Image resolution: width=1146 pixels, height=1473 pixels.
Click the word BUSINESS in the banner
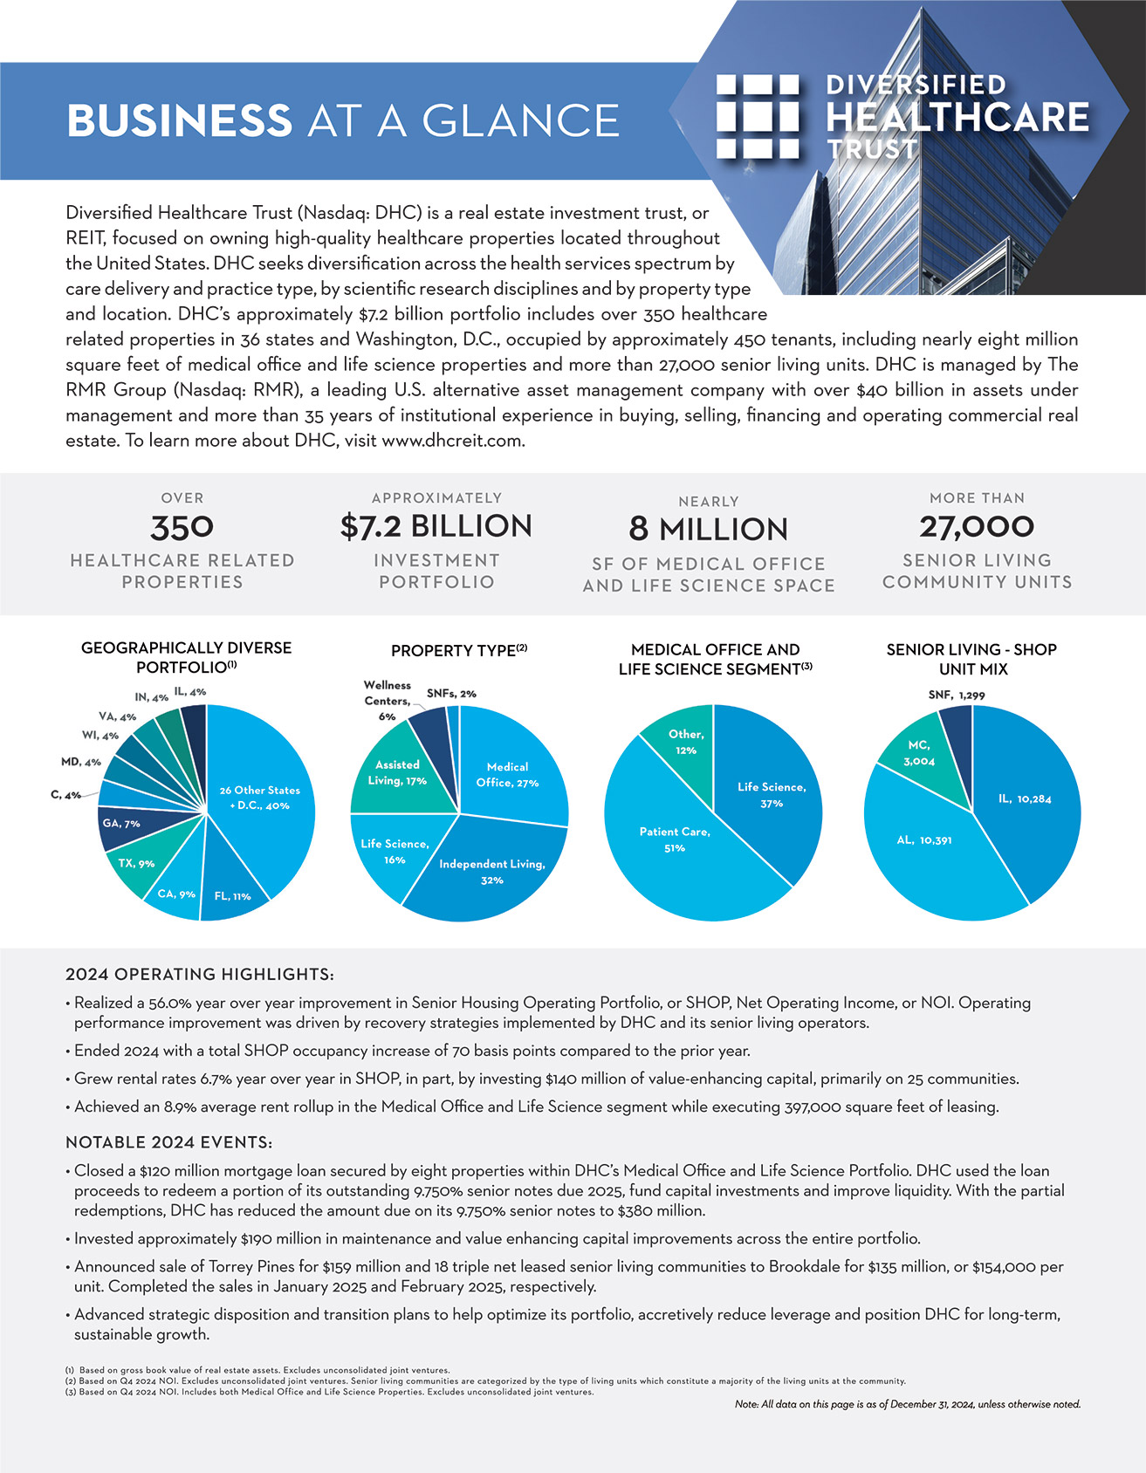click(179, 120)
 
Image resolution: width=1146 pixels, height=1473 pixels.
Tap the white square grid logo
click(757, 117)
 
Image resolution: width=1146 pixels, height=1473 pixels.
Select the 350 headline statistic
click(182, 527)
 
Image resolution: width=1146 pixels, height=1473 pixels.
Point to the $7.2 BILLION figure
click(436, 526)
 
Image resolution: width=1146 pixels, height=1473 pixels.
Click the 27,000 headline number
click(977, 526)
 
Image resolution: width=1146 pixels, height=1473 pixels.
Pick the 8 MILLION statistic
click(708, 529)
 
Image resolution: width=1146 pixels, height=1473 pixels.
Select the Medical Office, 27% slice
click(509, 773)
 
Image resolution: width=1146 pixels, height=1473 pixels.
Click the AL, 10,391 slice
click(925, 842)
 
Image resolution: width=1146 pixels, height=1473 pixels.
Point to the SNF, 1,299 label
click(957, 695)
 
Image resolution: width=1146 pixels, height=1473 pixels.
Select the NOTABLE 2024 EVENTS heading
click(169, 1142)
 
